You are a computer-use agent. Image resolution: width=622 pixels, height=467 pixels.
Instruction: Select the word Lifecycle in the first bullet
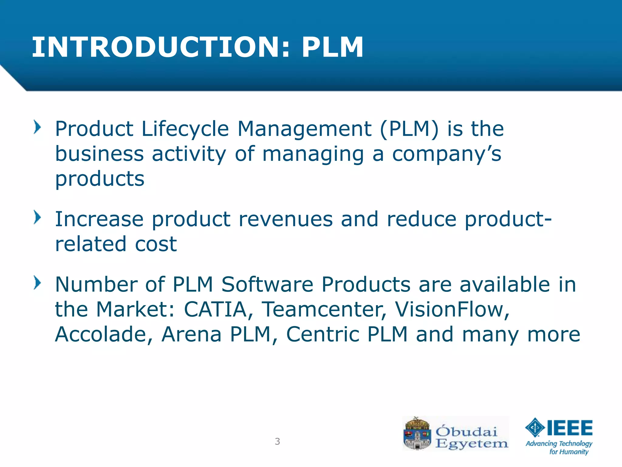(x=185, y=129)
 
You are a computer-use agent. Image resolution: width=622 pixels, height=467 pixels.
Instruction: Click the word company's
(x=446, y=154)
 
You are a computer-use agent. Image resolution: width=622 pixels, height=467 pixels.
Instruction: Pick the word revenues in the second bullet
(x=285, y=219)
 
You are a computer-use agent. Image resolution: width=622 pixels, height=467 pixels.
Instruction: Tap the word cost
(x=155, y=244)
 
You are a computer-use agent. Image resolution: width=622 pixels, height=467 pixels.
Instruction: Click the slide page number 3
(x=277, y=441)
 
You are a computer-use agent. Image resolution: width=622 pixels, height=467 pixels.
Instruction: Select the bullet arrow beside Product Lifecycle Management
(x=37, y=127)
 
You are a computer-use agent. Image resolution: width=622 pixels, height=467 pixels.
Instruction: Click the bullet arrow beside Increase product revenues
(x=37, y=217)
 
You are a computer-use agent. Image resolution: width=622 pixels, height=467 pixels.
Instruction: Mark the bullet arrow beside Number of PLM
(x=37, y=283)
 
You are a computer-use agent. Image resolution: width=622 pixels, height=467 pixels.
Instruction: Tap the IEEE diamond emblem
(x=535, y=427)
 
